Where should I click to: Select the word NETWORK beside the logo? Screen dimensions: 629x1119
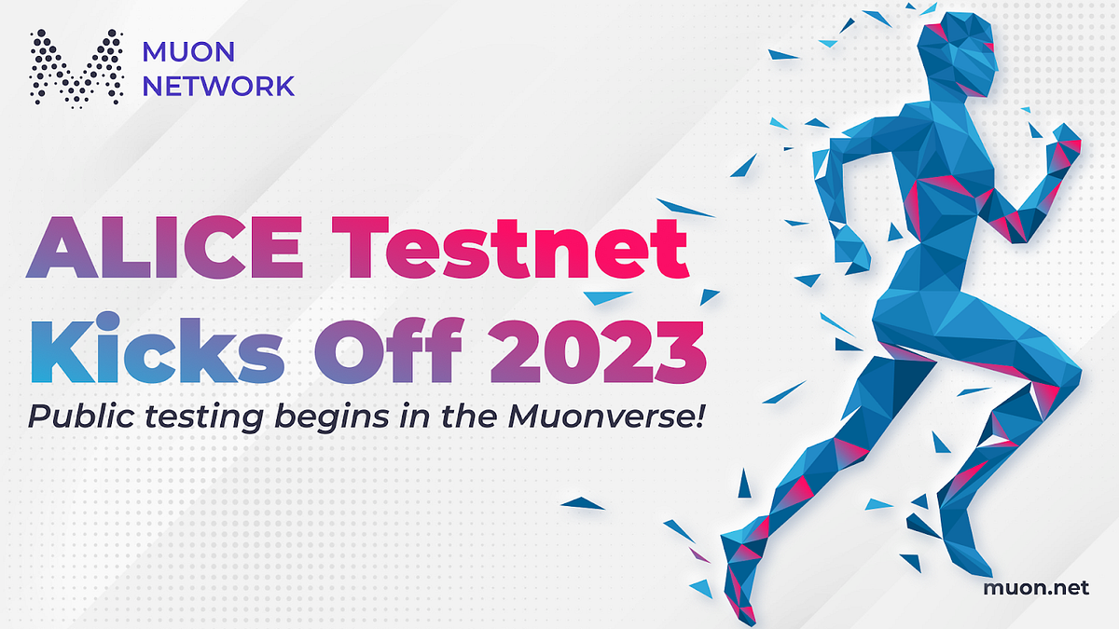click(x=218, y=86)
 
